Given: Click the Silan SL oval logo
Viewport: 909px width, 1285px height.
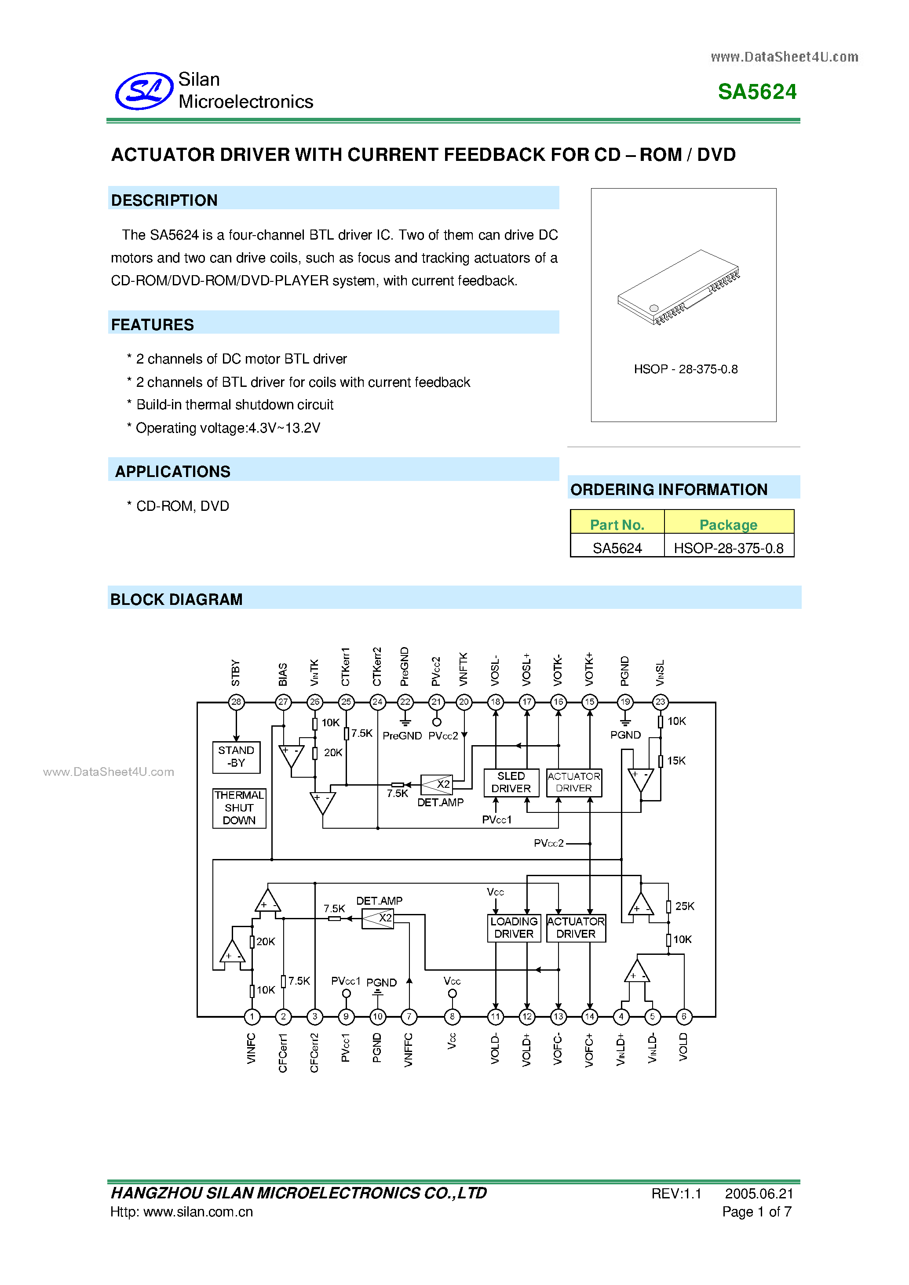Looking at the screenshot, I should [144, 91].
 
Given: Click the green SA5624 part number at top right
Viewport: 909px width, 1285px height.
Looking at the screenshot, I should [757, 92].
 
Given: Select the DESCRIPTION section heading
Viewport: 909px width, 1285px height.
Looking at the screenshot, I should [164, 200].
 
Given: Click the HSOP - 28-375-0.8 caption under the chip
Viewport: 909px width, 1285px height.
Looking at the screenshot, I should [685, 369].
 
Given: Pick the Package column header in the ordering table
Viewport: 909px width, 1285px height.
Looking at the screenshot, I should [728, 524].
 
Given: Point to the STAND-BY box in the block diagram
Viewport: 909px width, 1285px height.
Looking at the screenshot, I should [236, 757].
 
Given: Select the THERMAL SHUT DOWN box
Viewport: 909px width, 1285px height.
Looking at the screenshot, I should [239, 808].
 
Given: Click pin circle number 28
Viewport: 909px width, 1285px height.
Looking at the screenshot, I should [236, 702].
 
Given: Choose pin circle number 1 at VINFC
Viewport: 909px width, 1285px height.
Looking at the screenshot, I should [252, 1016].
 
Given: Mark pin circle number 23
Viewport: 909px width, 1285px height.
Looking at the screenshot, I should [660, 702].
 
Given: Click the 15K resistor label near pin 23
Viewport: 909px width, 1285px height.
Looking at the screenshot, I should [676, 761].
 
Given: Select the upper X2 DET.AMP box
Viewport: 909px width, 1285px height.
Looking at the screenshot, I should [437, 784].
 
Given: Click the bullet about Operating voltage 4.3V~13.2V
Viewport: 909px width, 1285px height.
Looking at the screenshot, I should [224, 428].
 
